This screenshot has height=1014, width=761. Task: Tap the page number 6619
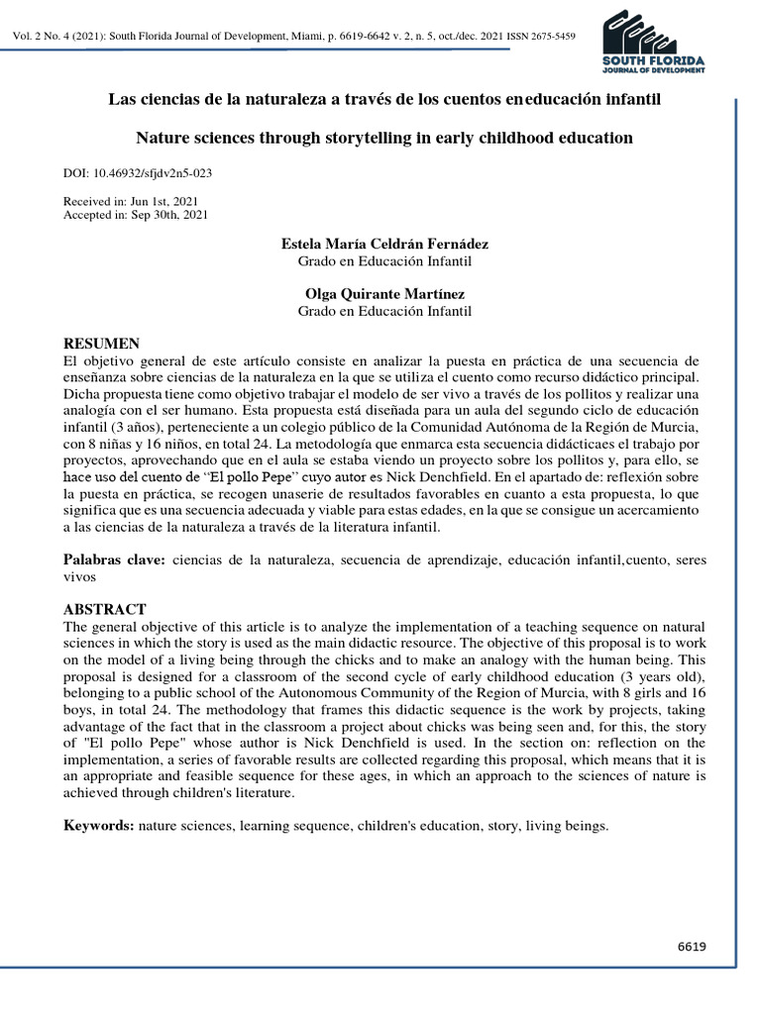click(692, 947)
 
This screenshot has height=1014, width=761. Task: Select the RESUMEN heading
click(102, 343)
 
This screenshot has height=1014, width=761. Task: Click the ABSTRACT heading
click(105, 609)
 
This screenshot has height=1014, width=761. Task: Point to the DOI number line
click(138, 172)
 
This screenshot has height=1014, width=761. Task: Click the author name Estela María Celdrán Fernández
click(384, 244)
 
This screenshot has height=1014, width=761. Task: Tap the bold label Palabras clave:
click(115, 559)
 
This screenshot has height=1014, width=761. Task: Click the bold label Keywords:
click(99, 825)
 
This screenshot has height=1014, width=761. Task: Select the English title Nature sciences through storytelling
click(384, 138)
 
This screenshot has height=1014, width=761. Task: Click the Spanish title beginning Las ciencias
click(384, 100)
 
